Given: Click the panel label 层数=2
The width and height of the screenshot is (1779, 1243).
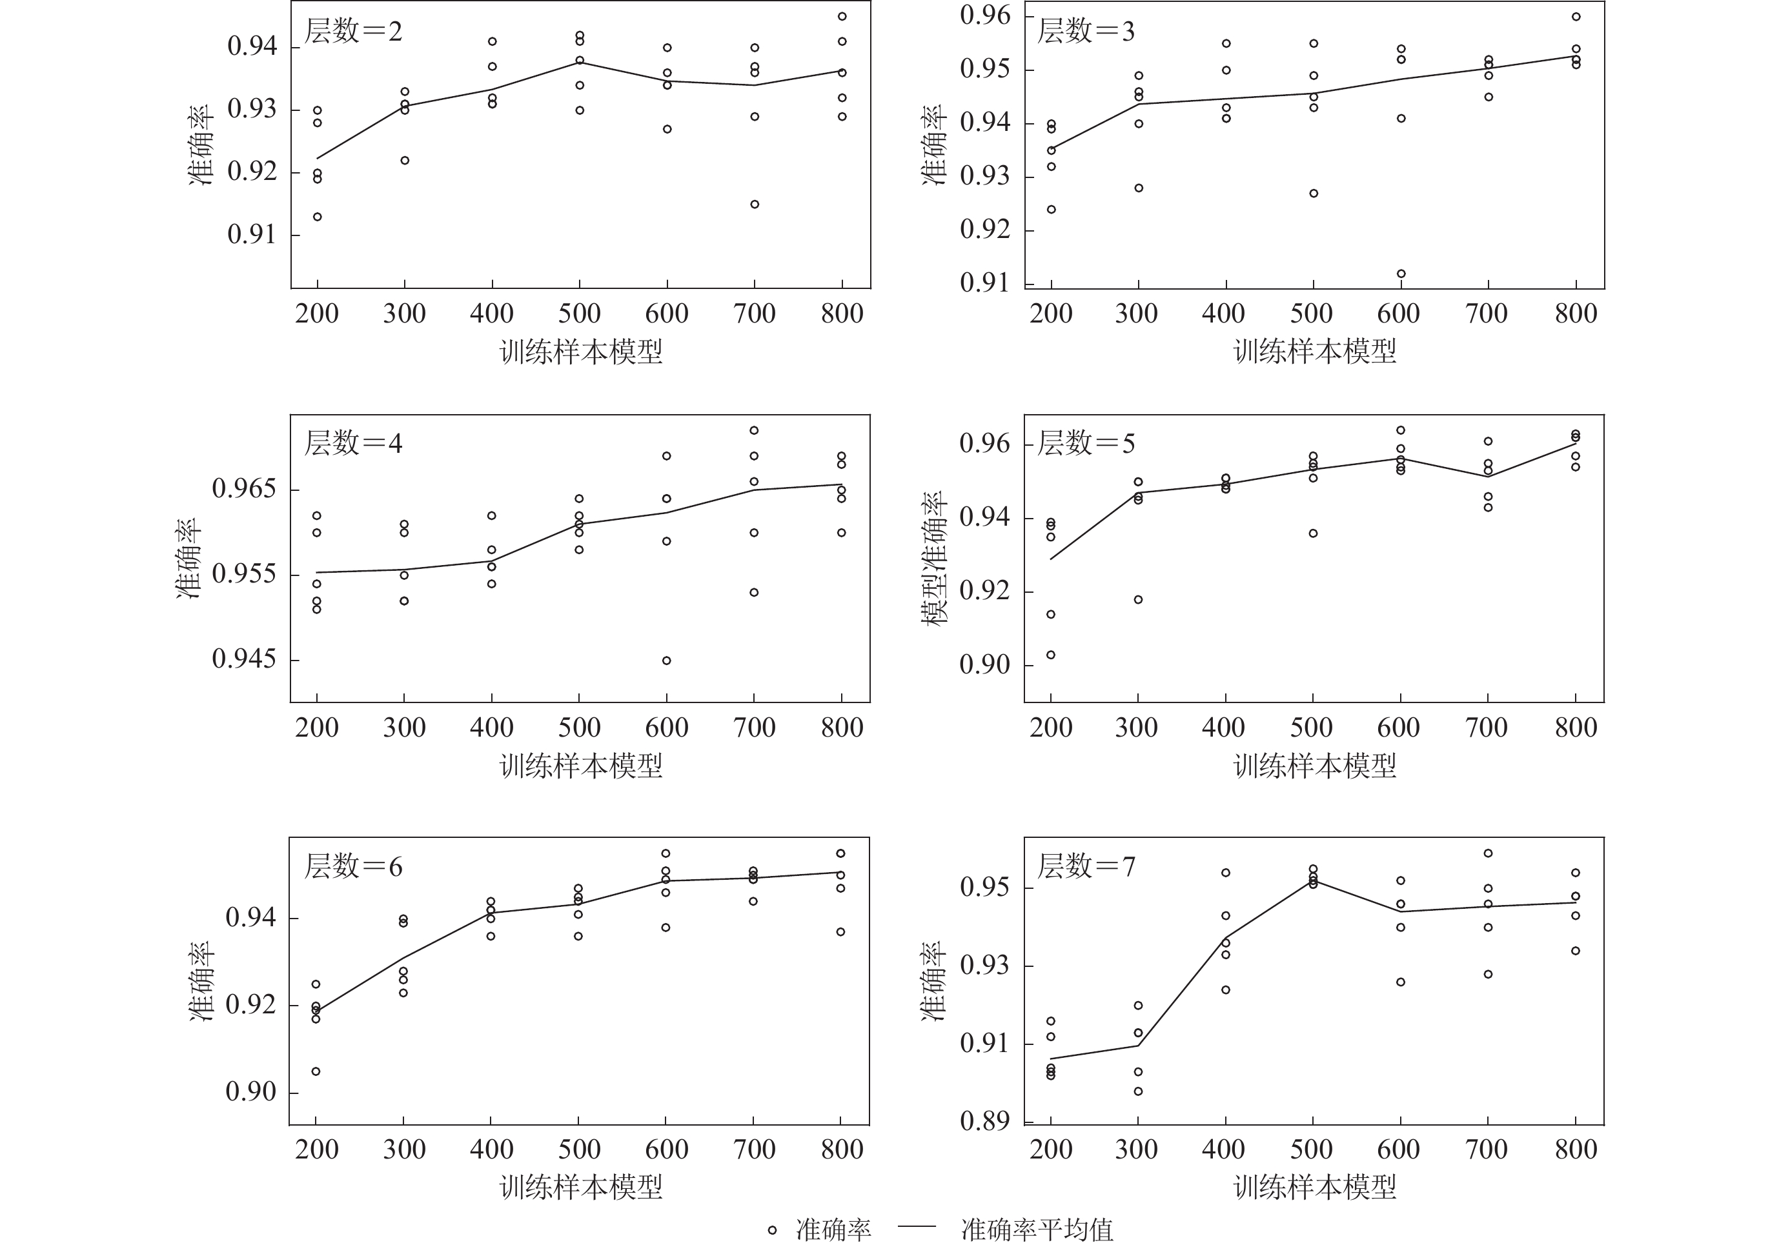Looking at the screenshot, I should point(353,32).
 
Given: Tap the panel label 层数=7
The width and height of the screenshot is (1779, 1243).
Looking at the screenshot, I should point(1086,866).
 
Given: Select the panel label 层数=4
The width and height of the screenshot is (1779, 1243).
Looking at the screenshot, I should point(353,444).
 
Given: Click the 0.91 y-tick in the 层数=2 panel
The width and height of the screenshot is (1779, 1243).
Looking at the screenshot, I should point(252,235).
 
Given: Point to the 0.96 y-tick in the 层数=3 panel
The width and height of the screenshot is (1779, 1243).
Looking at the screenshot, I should point(985,16).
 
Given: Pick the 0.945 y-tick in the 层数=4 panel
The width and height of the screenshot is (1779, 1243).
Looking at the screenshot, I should point(244,660).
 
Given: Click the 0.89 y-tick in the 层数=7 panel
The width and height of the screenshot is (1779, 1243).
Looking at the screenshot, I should point(985,1120).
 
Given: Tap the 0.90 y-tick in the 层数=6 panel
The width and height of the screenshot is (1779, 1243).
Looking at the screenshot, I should point(250,1092).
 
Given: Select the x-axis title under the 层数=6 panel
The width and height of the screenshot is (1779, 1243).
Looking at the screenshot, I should point(581,1186).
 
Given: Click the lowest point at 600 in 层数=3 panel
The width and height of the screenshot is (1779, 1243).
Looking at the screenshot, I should point(1401,273).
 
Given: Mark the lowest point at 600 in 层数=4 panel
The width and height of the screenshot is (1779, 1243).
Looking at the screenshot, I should point(666,661).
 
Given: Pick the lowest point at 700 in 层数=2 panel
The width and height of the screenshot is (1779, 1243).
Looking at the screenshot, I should point(755,204).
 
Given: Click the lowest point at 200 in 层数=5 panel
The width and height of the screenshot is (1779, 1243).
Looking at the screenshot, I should point(1051,655).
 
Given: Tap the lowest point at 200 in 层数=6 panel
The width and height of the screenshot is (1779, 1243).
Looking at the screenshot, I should point(316,1071).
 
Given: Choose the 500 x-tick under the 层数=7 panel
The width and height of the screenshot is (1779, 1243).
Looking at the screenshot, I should point(1312,1149).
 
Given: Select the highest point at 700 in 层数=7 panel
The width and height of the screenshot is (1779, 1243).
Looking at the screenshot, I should point(1488,853).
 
